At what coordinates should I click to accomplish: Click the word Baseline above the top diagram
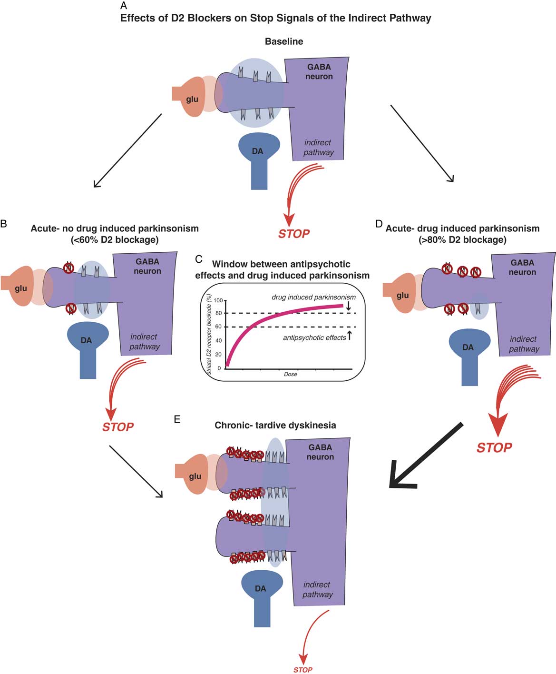(x=284, y=41)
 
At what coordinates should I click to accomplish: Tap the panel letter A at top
(x=124, y=6)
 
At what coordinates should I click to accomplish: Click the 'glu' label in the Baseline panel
(x=192, y=99)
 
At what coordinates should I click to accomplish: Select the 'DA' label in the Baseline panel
(x=257, y=151)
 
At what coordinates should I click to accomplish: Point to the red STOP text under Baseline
(x=294, y=234)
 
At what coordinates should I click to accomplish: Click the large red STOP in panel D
(x=494, y=447)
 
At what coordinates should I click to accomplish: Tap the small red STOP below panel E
(x=302, y=670)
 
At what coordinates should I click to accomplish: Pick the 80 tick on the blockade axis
(x=218, y=313)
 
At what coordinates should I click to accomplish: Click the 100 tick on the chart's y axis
(x=218, y=300)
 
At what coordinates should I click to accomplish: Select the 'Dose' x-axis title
(x=290, y=374)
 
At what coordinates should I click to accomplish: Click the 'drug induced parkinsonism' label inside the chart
(x=313, y=297)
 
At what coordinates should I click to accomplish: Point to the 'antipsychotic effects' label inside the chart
(x=314, y=337)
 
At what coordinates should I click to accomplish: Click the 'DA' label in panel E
(x=260, y=589)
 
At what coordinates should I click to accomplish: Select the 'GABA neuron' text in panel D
(x=522, y=268)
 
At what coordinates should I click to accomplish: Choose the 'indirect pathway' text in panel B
(x=145, y=342)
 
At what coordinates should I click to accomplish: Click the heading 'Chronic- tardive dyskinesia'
(x=275, y=425)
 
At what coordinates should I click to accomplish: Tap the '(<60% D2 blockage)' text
(x=115, y=239)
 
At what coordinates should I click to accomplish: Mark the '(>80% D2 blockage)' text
(x=462, y=239)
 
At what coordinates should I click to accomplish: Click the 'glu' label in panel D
(x=403, y=295)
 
